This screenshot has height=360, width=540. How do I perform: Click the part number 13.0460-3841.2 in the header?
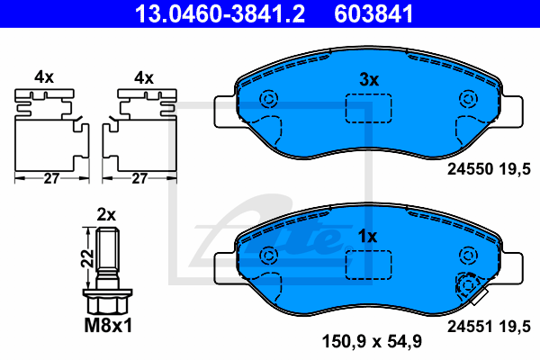(220, 13)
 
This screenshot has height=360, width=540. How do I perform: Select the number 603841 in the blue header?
(373, 13)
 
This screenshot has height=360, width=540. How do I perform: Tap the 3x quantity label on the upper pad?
(369, 79)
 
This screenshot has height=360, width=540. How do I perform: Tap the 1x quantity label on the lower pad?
(367, 237)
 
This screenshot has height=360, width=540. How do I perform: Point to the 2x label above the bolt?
(106, 214)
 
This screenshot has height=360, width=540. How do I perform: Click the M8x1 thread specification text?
(108, 326)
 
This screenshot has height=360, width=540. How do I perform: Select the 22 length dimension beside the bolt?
(87, 258)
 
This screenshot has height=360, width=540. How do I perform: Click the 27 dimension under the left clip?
(51, 178)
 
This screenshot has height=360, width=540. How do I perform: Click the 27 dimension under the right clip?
(139, 178)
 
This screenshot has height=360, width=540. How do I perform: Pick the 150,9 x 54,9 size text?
(372, 341)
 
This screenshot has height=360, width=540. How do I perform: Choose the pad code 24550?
(471, 169)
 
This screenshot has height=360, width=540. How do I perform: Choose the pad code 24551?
(471, 326)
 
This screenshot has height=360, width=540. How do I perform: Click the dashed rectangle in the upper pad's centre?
(368, 108)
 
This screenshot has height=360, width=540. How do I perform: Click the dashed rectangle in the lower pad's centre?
(368, 265)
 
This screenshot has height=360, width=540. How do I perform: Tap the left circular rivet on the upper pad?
(268, 99)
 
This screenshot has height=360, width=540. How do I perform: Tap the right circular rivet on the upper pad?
(468, 99)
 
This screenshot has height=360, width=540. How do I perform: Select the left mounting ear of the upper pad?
(226, 112)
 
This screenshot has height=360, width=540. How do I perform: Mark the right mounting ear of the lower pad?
(511, 268)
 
